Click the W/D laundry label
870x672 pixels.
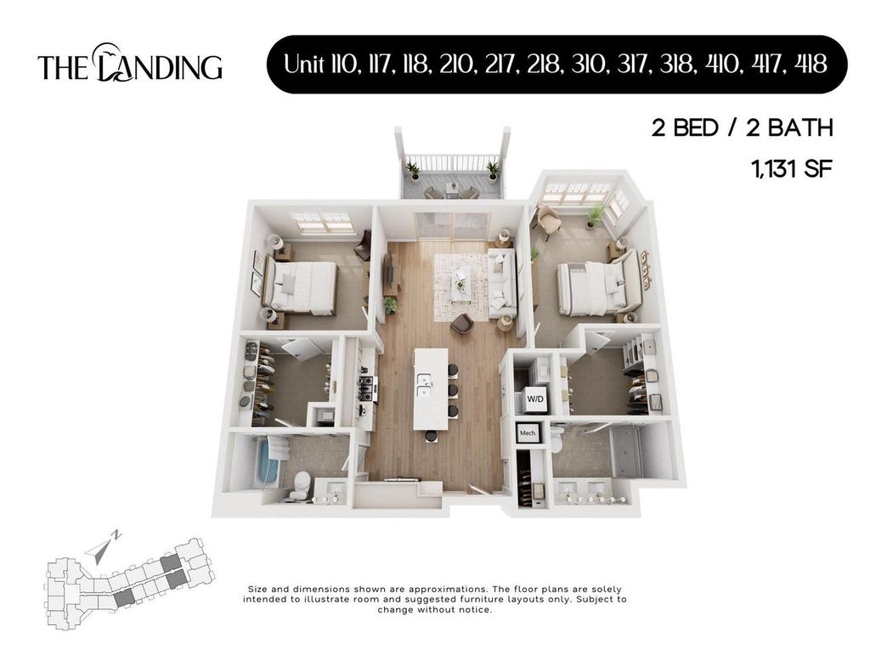click(535, 398)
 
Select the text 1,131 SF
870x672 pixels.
click(788, 168)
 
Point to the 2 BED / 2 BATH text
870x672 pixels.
click(741, 128)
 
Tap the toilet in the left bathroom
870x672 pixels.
click(298, 484)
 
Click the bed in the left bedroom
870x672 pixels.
click(302, 286)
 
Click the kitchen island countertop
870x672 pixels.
click(429, 387)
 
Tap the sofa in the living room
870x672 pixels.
click(501, 282)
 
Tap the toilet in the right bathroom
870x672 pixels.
click(558, 440)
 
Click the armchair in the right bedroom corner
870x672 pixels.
click(548, 221)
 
